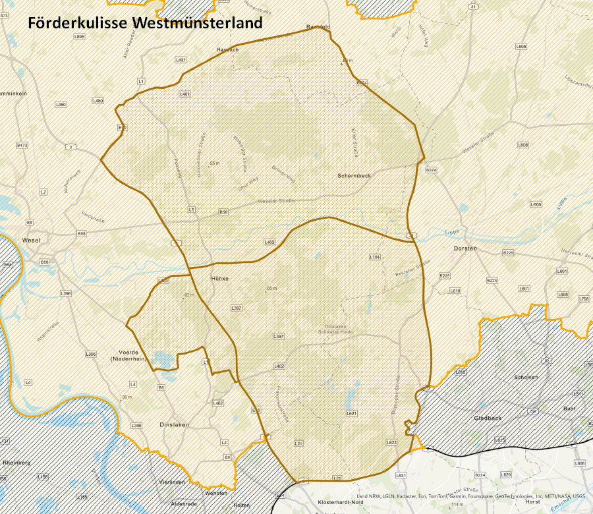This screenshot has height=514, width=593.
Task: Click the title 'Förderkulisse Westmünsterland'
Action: coord(145,23)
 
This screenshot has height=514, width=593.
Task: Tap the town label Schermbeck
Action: coord(355,176)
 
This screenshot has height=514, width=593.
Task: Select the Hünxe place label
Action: coord(219,279)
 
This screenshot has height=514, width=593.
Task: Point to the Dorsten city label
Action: coord(465,248)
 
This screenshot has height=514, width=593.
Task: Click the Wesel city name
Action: coord(30,241)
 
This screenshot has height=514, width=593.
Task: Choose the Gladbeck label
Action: coord(488,418)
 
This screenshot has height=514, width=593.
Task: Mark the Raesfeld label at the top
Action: coord(318,27)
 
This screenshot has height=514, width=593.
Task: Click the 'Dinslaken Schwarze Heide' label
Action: coord(339,329)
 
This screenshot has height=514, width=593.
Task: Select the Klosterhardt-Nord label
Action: coord(336,501)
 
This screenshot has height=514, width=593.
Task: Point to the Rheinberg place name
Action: coord(16,463)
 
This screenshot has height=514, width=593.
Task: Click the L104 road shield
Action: coord(375,256)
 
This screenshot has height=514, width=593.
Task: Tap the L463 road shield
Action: coord(269,243)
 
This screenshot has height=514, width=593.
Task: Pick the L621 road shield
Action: coord(351,413)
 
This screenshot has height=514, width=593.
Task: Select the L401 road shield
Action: coord(184,94)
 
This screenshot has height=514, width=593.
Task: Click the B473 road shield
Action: coord(22,144)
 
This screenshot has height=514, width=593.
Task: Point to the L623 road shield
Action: coord(391,442)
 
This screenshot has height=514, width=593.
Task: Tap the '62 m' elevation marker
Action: coord(189,295)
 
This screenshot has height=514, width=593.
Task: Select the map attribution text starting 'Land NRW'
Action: coord(470,496)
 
